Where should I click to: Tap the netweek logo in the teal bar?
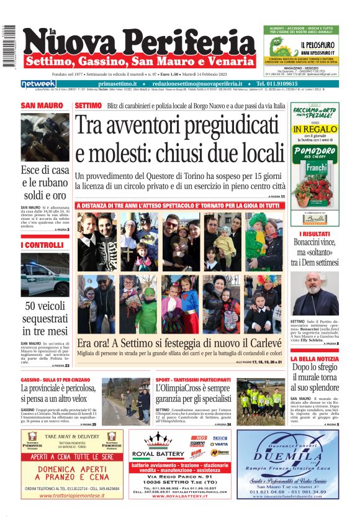(x=38, y=84)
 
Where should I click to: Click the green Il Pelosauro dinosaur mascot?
(x=280, y=49)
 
